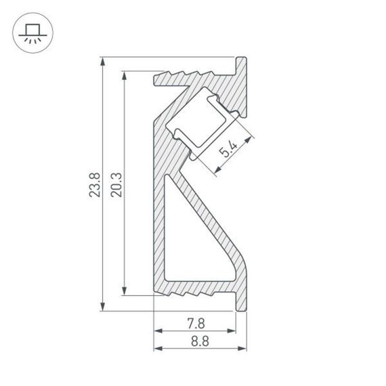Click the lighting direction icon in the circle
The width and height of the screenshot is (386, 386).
31,31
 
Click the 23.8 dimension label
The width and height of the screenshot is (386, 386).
94,185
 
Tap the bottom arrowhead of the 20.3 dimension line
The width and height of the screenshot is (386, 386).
125,292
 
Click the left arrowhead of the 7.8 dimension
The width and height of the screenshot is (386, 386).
158,330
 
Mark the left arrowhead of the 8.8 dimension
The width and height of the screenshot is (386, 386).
158,349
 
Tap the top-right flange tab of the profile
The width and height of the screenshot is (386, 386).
241,66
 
